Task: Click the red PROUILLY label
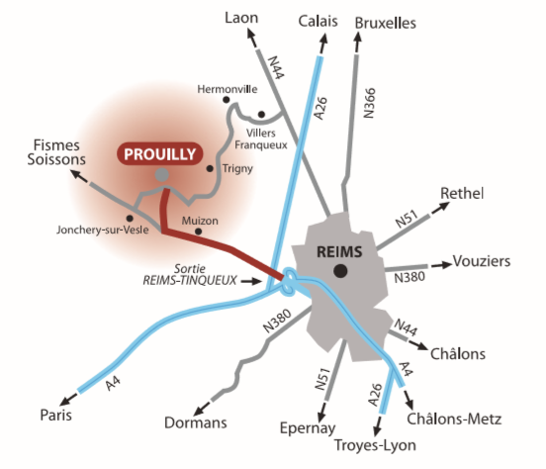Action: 160,153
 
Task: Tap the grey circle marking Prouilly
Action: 161,174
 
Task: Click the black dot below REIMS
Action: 340,271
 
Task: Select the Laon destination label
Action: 241,18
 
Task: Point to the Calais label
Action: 318,21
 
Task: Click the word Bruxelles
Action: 386,23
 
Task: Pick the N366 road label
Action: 369,103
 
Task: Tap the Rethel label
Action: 462,193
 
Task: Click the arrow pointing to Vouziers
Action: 441,265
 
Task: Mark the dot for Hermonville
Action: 226,100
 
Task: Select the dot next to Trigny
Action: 210,168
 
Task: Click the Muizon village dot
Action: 198,231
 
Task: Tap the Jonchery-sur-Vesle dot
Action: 130,219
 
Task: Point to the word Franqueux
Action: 261,144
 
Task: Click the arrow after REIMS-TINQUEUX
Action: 251,281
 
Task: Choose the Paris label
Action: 55,415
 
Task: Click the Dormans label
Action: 195,422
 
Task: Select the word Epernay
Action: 308,428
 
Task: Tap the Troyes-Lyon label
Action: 375,445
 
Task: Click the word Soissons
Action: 56,159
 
